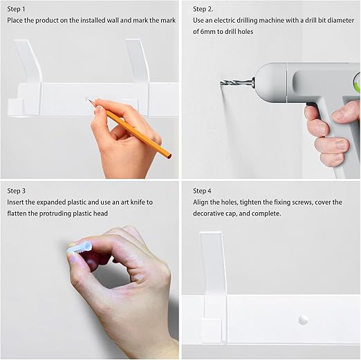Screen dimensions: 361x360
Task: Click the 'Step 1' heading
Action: click(16, 9)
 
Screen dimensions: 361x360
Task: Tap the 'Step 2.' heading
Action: click(203, 9)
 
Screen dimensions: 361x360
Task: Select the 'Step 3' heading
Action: click(17, 191)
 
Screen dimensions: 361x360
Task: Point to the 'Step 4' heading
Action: click(202, 191)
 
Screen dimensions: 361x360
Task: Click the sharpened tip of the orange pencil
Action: click(89, 100)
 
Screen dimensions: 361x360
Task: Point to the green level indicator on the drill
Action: click(358, 83)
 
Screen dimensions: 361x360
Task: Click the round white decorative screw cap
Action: click(303, 320)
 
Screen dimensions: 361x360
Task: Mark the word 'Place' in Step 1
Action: click(15, 20)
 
